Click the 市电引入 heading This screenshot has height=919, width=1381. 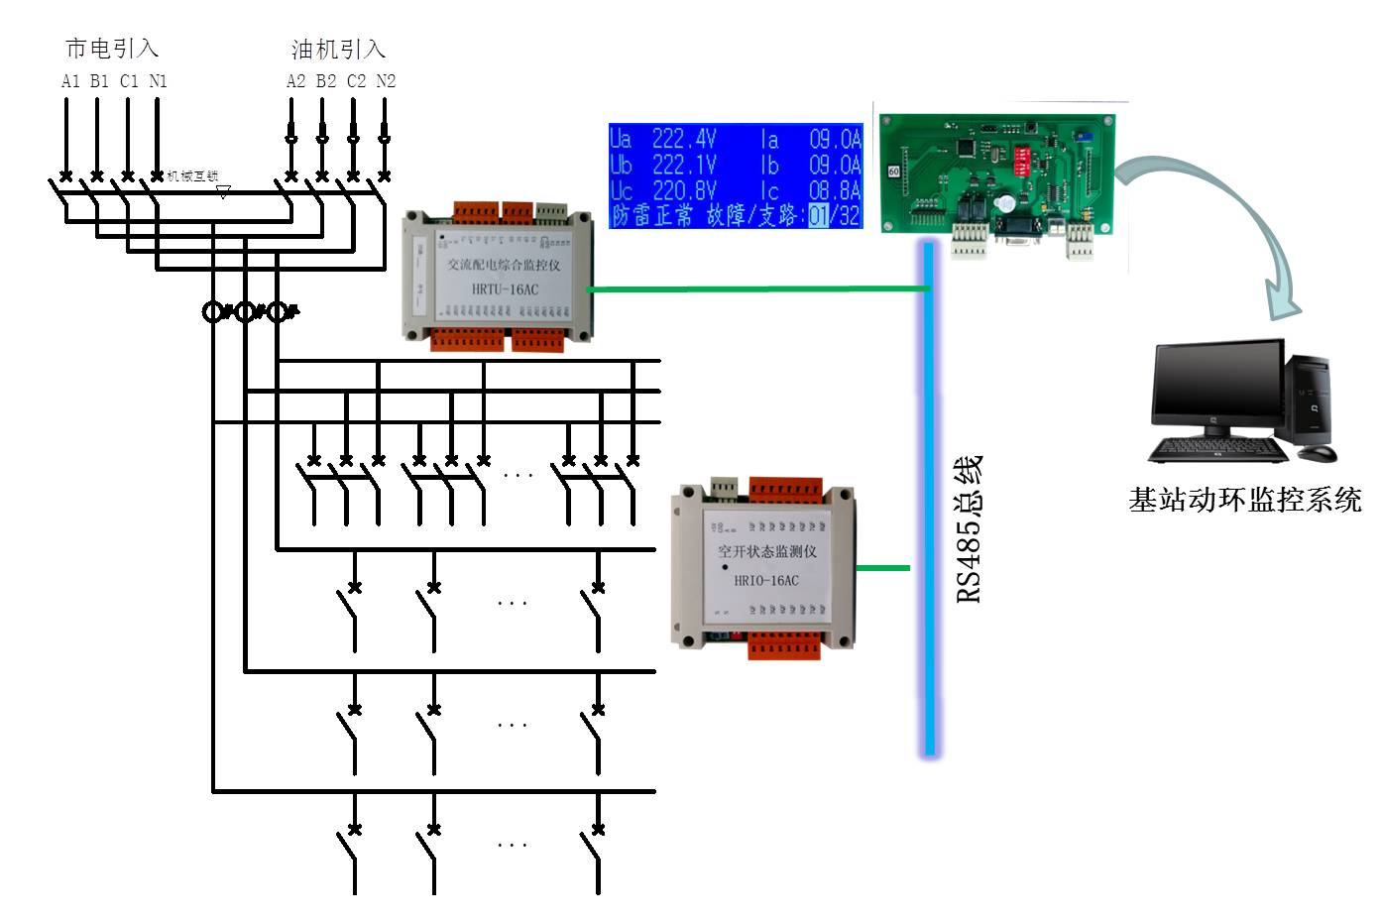pyautogui.click(x=112, y=49)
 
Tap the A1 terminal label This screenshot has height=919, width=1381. pyautogui.click(x=70, y=81)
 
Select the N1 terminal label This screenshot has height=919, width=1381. pyautogui.click(x=159, y=81)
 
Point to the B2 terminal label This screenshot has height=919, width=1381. pyautogui.click(x=326, y=81)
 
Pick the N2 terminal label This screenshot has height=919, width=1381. pyautogui.click(x=386, y=81)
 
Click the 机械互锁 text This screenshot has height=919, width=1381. pyautogui.click(x=192, y=176)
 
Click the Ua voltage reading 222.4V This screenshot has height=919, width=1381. pyautogui.click(x=684, y=139)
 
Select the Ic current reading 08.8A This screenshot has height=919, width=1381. pyautogui.click(x=835, y=190)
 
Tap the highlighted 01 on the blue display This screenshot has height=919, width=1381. pyautogui.click(x=818, y=215)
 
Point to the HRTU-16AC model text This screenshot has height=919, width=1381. pyautogui.click(x=505, y=289)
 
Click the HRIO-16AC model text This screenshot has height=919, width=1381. pyautogui.click(x=765, y=580)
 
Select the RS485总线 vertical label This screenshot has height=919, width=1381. pyautogui.click(x=969, y=528)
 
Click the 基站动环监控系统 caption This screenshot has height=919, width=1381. pyautogui.click(x=1245, y=500)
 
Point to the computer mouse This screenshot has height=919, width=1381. pyautogui.click(x=1318, y=454)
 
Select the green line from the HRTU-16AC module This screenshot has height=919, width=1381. pyautogui.click(x=757, y=289)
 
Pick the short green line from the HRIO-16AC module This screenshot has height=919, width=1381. pyautogui.click(x=882, y=568)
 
